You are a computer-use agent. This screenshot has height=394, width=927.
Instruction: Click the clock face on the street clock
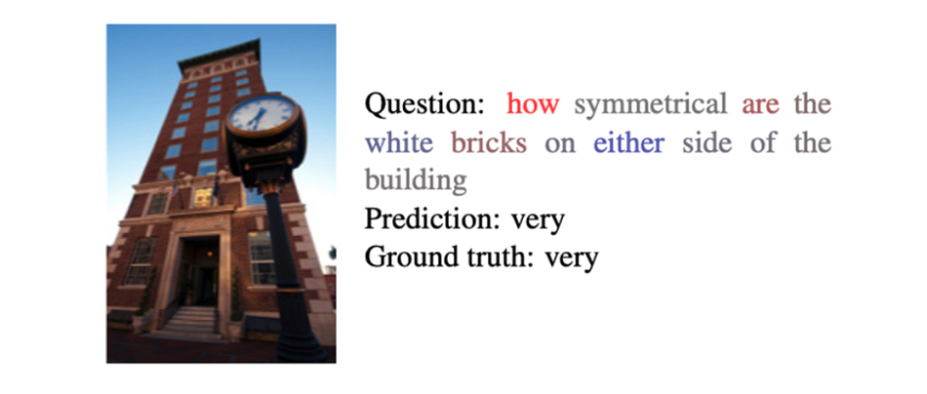tap(262, 113)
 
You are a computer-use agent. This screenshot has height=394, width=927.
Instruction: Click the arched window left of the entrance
tap(141, 261)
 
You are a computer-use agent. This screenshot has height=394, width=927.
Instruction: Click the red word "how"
tap(533, 104)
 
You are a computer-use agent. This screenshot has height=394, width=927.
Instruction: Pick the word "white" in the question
tap(398, 143)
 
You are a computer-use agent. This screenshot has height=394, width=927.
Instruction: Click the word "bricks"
tap(488, 143)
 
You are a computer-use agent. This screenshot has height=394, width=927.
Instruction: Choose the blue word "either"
tap(629, 143)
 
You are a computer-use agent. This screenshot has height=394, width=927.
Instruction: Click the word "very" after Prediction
tap(538, 222)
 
